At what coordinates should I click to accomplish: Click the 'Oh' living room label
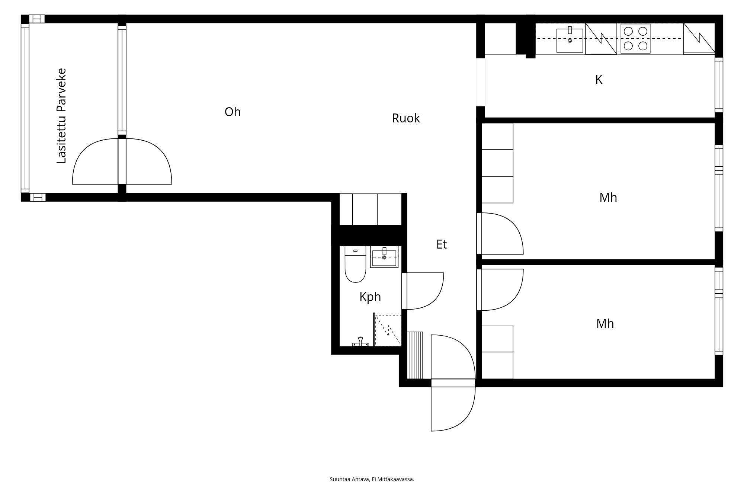(x=232, y=112)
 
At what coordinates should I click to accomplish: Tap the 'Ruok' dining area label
(x=405, y=118)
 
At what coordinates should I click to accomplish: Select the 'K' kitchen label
(x=599, y=80)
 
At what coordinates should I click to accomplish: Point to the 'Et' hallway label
(x=441, y=244)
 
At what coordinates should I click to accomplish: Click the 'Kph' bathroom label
(x=370, y=297)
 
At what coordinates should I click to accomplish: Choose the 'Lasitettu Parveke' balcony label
(x=61, y=115)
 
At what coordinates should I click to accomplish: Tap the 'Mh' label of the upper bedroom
(x=608, y=198)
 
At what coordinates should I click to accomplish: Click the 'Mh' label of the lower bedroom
(x=605, y=324)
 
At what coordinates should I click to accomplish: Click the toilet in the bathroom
(x=355, y=265)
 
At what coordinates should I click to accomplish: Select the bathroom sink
(x=384, y=257)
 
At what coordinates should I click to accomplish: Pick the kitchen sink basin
(x=570, y=40)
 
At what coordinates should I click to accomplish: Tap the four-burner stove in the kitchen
(x=635, y=39)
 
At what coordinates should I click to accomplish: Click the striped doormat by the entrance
(x=415, y=355)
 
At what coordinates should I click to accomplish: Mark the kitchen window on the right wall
(x=719, y=85)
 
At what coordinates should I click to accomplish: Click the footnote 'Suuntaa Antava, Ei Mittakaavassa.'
(x=372, y=479)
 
